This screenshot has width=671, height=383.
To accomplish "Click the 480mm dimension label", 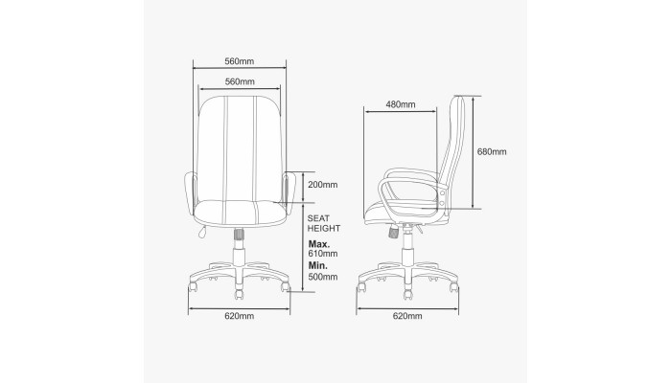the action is tap(400, 104).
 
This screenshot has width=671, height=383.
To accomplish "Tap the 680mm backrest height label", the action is tap(492, 151).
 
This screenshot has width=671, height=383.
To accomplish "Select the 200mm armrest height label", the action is tap(323, 185).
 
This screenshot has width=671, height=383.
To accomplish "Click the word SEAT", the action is tap(318, 218).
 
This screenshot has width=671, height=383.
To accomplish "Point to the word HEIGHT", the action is tap(324, 228).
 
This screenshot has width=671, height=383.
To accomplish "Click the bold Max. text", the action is tap(319, 244).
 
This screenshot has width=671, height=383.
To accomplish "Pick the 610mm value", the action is tap(323, 254).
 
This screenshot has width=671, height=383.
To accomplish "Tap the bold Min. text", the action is tap(318, 265).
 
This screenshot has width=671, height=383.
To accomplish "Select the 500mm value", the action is tap(323, 277).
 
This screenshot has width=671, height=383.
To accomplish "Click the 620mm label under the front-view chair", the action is tap(240, 316).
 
